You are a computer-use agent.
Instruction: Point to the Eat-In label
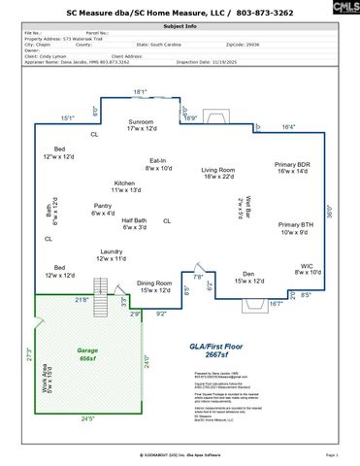point(157,164)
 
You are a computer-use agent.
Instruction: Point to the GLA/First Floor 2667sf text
point(210,350)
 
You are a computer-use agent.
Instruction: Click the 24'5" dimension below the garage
point(86,418)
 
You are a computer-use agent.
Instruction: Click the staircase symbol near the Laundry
point(101,286)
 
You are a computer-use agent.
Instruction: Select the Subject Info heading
point(179,28)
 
